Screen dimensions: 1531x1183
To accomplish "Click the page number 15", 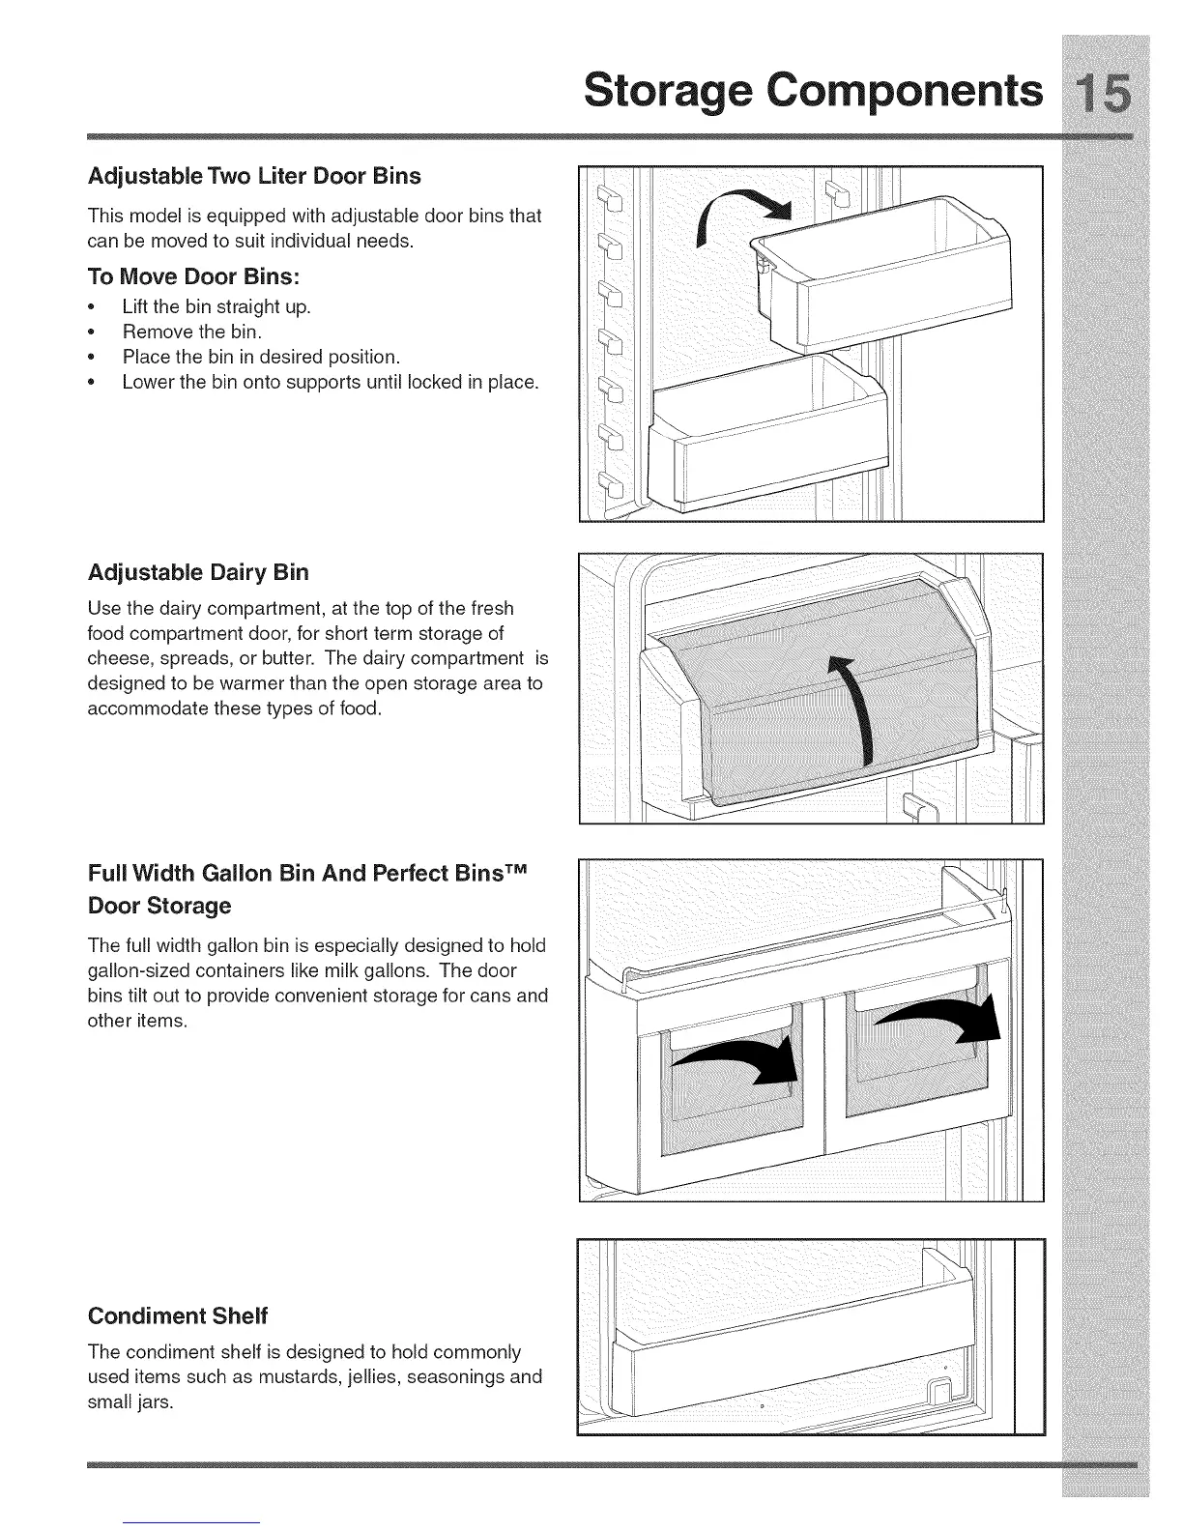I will (x=1103, y=94).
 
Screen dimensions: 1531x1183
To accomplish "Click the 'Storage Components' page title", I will (x=814, y=93).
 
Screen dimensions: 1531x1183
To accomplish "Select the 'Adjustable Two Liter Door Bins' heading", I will (x=254, y=176).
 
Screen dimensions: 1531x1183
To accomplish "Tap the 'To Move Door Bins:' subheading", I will (x=193, y=276).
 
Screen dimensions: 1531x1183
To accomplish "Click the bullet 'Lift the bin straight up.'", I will (x=216, y=307).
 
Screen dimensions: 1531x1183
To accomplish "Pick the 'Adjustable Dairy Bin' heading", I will (x=198, y=572).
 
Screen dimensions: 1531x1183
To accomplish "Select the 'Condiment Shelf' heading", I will (x=177, y=1315).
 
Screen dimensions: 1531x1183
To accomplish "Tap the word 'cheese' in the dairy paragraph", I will (x=115, y=658).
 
